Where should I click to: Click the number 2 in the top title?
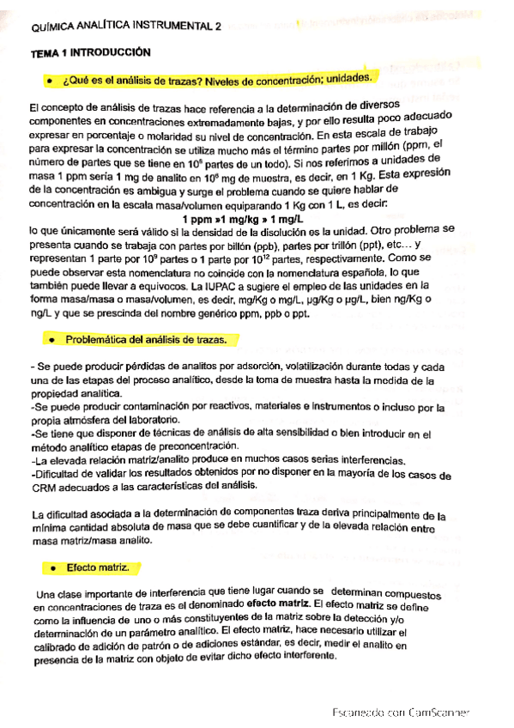click(218, 27)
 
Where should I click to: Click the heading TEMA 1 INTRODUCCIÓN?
click(90, 52)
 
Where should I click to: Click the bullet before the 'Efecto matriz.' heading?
click(51, 568)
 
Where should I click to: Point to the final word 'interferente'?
click(304, 657)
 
